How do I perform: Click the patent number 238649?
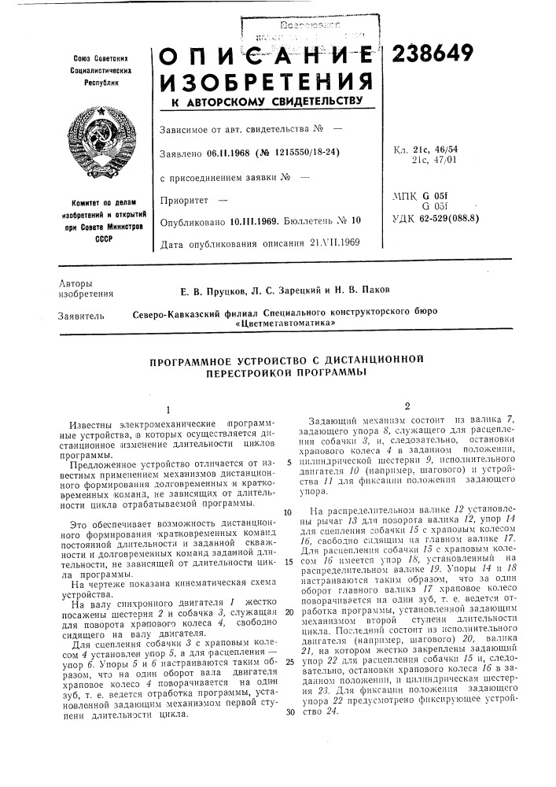(429, 53)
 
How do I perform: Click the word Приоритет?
(181, 201)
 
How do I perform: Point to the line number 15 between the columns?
(289, 540)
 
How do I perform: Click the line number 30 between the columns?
(289, 711)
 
